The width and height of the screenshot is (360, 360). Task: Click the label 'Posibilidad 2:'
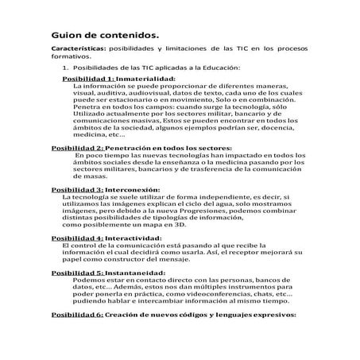click(77, 148)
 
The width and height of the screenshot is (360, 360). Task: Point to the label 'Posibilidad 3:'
click(77, 189)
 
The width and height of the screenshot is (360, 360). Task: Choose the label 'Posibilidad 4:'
click(77, 238)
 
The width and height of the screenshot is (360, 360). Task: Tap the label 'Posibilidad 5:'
click(77, 273)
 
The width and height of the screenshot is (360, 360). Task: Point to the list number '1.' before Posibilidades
click(68, 68)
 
